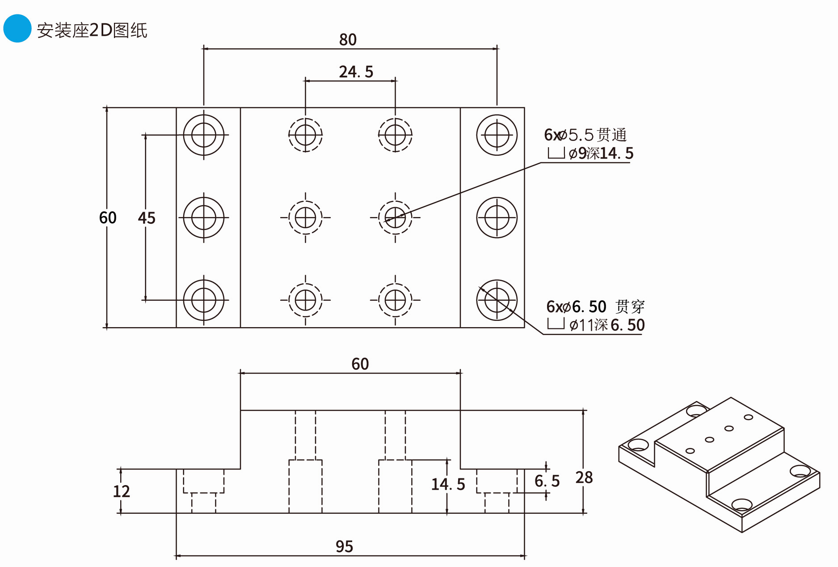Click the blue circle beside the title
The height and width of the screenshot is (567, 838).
[17, 29]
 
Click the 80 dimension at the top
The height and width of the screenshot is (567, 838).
[348, 40]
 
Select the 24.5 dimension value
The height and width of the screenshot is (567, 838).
[356, 72]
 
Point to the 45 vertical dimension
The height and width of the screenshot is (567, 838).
[147, 218]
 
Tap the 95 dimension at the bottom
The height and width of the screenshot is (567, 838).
[344, 546]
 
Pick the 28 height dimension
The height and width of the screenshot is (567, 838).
[584, 477]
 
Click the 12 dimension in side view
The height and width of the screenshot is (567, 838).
[121, 491]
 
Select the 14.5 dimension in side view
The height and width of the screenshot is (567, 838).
[448, 484]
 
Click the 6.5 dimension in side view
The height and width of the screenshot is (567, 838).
[547, 481]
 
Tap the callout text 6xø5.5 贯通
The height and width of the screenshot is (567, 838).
[585, 135]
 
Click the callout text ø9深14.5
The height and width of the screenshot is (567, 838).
[601, 153]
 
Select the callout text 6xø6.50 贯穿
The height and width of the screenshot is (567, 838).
[595, 307]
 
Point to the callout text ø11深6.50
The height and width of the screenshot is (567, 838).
[606, 325]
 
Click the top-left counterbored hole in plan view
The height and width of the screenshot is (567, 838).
[204, 135]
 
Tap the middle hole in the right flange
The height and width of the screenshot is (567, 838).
[497, 217]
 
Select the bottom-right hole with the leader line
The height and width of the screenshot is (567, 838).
[497, 300]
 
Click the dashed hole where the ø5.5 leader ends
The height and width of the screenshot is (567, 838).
[395, 217]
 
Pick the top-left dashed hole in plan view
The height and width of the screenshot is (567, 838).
[305, 135]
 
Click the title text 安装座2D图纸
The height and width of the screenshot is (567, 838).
[92, 30]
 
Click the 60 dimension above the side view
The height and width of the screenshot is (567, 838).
[360, 364]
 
